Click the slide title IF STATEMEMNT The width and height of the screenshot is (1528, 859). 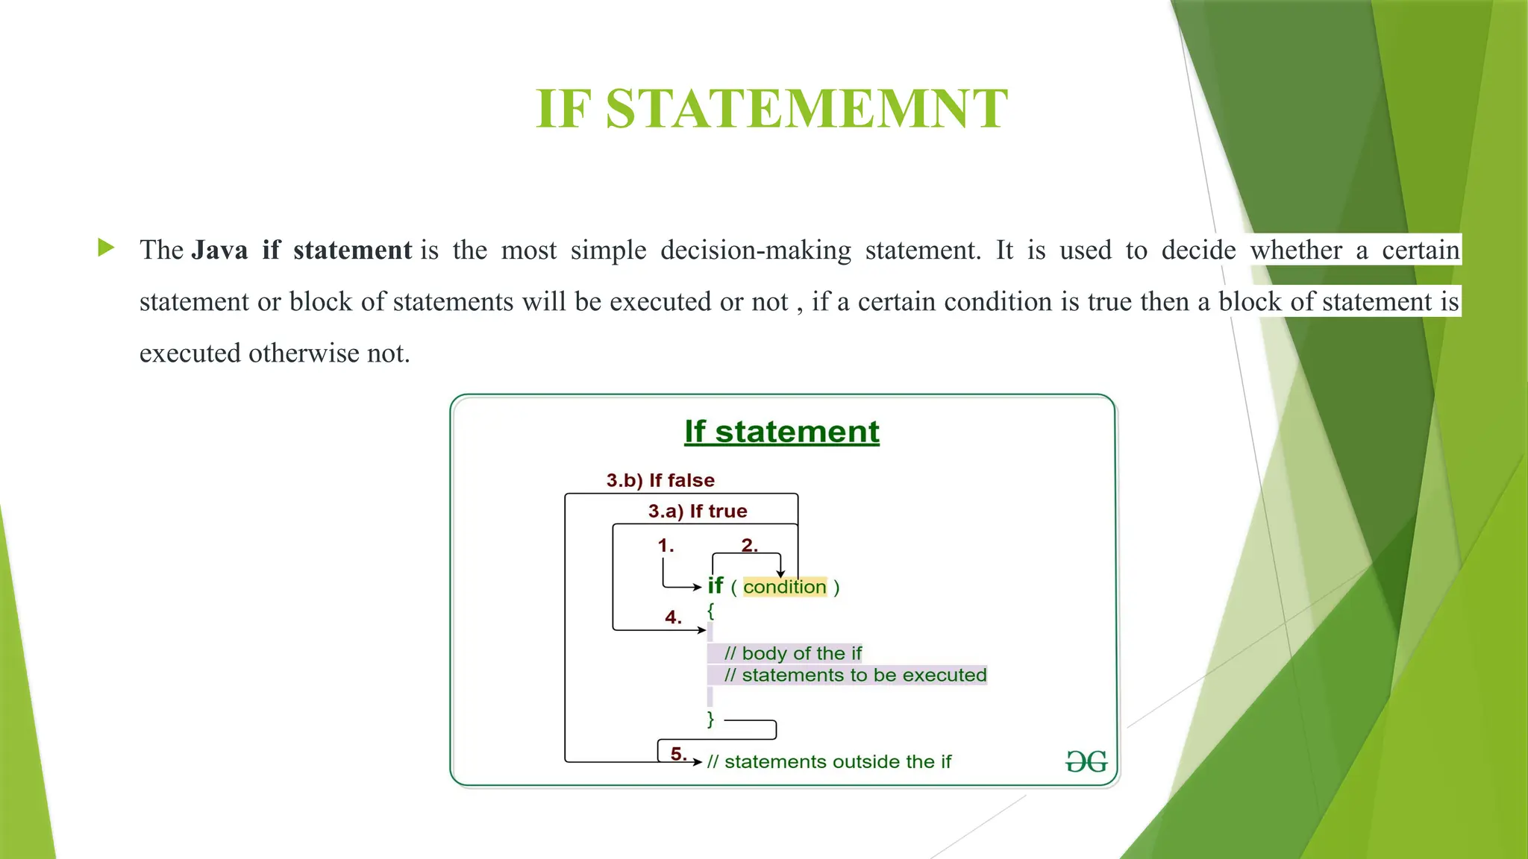coord(771,109)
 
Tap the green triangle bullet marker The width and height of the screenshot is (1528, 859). coord(106,248)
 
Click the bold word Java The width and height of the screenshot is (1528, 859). coord(219,250)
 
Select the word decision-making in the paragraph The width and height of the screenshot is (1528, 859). coord(755,251)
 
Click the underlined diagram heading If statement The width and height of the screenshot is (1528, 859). coord(781,432)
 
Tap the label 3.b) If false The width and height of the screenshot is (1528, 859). coord(660,480)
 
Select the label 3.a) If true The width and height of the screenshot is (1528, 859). coord(698,512)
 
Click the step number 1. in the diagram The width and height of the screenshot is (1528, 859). coord(666,546)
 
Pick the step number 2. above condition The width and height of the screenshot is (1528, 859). coord(749,546)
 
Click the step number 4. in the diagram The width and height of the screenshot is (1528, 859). coord(673,617)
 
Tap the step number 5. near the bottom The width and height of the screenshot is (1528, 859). coord(678,754)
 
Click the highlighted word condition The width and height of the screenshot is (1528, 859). coord(785,588)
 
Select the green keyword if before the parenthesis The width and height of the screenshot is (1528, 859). coord(716,586)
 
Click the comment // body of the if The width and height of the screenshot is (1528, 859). coord(792,654)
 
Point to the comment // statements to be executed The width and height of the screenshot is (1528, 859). coord(855,676)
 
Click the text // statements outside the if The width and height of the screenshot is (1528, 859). coord(829,762)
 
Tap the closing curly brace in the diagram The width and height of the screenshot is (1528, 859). coord(710,720)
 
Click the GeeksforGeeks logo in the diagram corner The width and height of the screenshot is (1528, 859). coord(1086,761)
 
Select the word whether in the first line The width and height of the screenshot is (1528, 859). coord(1297,251)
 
